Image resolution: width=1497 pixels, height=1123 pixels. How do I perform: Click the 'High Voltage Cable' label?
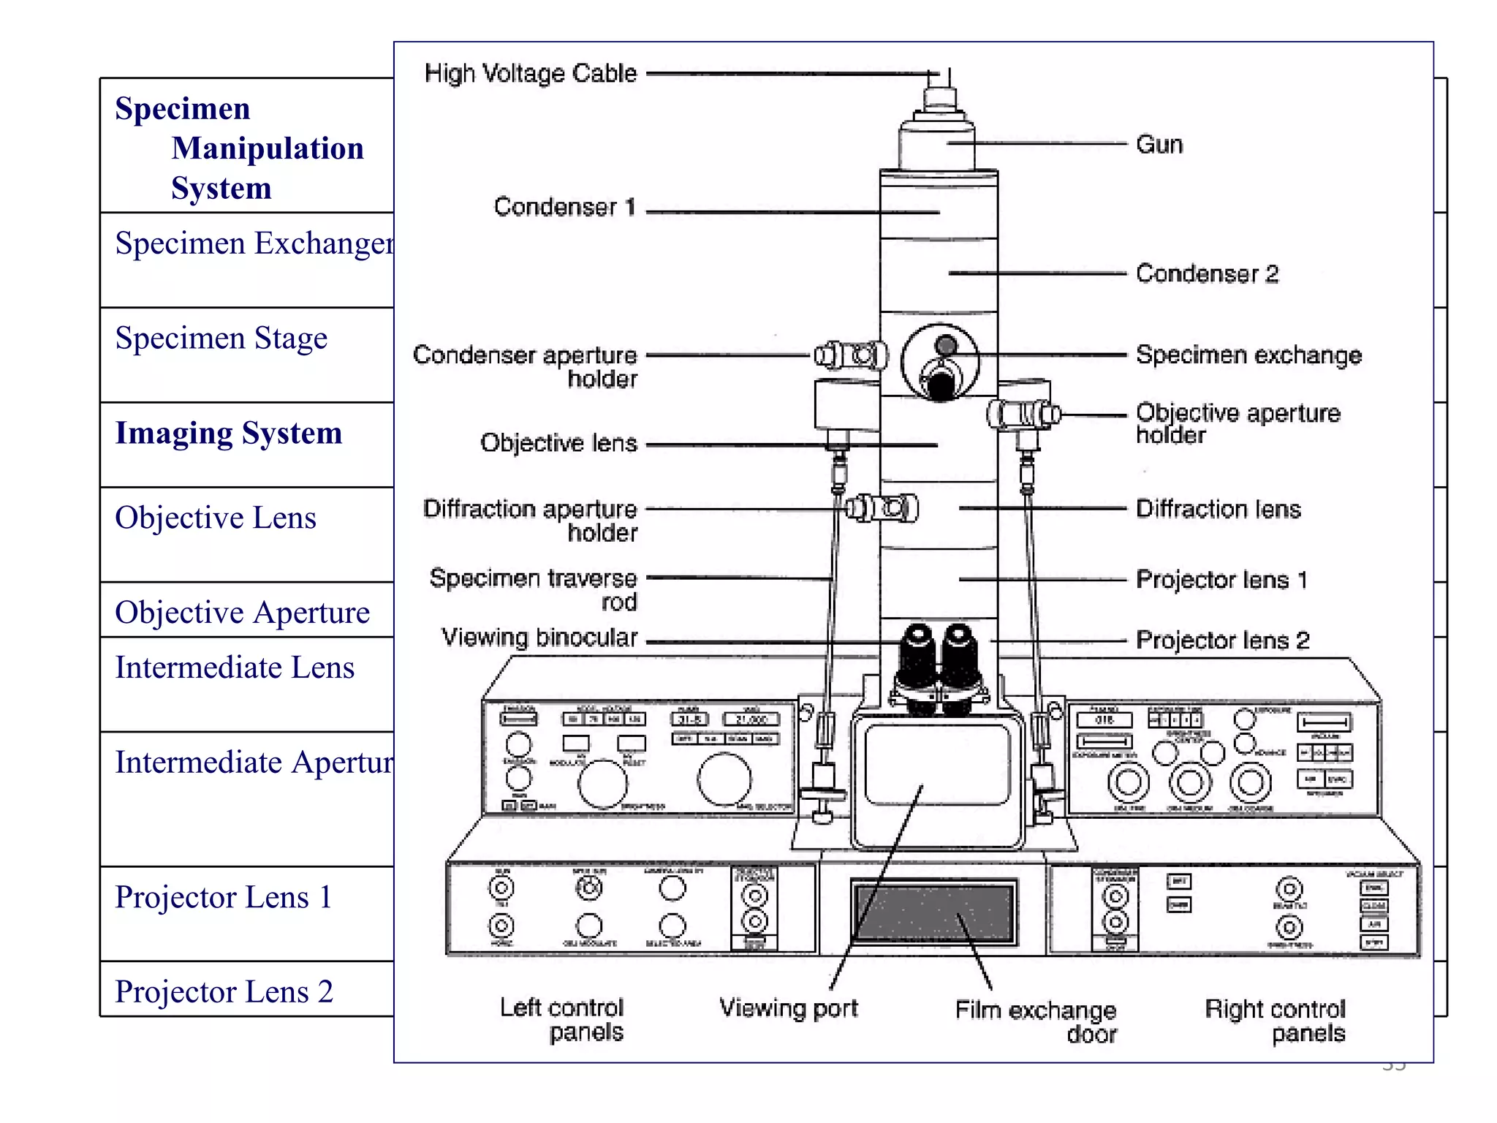point(530,73)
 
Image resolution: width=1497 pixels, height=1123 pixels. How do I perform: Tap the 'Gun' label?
point(1159,144)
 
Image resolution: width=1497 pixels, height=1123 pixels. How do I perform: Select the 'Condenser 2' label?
point(1207,273)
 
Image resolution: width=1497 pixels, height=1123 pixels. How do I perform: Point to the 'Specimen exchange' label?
point(1248,355)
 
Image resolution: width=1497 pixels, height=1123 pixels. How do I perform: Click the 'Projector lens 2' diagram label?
point(1222,640)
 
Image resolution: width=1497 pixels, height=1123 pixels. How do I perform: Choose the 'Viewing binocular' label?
point(539,638)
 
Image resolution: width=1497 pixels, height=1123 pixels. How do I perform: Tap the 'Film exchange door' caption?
point(1036,1021)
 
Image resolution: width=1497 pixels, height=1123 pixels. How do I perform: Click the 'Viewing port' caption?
point(788,1008)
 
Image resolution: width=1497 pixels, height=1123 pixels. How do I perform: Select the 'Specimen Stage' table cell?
point(221,339)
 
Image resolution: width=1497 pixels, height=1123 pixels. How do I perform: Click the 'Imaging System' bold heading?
point(228,433)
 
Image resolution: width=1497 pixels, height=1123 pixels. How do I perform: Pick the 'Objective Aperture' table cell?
point(242,613)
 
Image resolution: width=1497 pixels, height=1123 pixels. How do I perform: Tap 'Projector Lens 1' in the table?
point(223,897)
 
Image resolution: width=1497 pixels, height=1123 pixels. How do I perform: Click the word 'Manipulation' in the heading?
point(268,148)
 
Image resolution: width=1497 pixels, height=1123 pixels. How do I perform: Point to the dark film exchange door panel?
point(934,913)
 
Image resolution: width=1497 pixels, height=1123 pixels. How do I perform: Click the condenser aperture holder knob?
point(851,356)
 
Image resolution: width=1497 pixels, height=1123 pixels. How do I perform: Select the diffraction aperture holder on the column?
point(882,508)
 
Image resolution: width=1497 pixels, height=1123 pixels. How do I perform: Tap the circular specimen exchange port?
point(940,363)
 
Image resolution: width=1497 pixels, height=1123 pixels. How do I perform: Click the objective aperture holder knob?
point(1023,415)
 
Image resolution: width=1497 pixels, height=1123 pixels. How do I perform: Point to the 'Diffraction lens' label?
point(1218,509)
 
